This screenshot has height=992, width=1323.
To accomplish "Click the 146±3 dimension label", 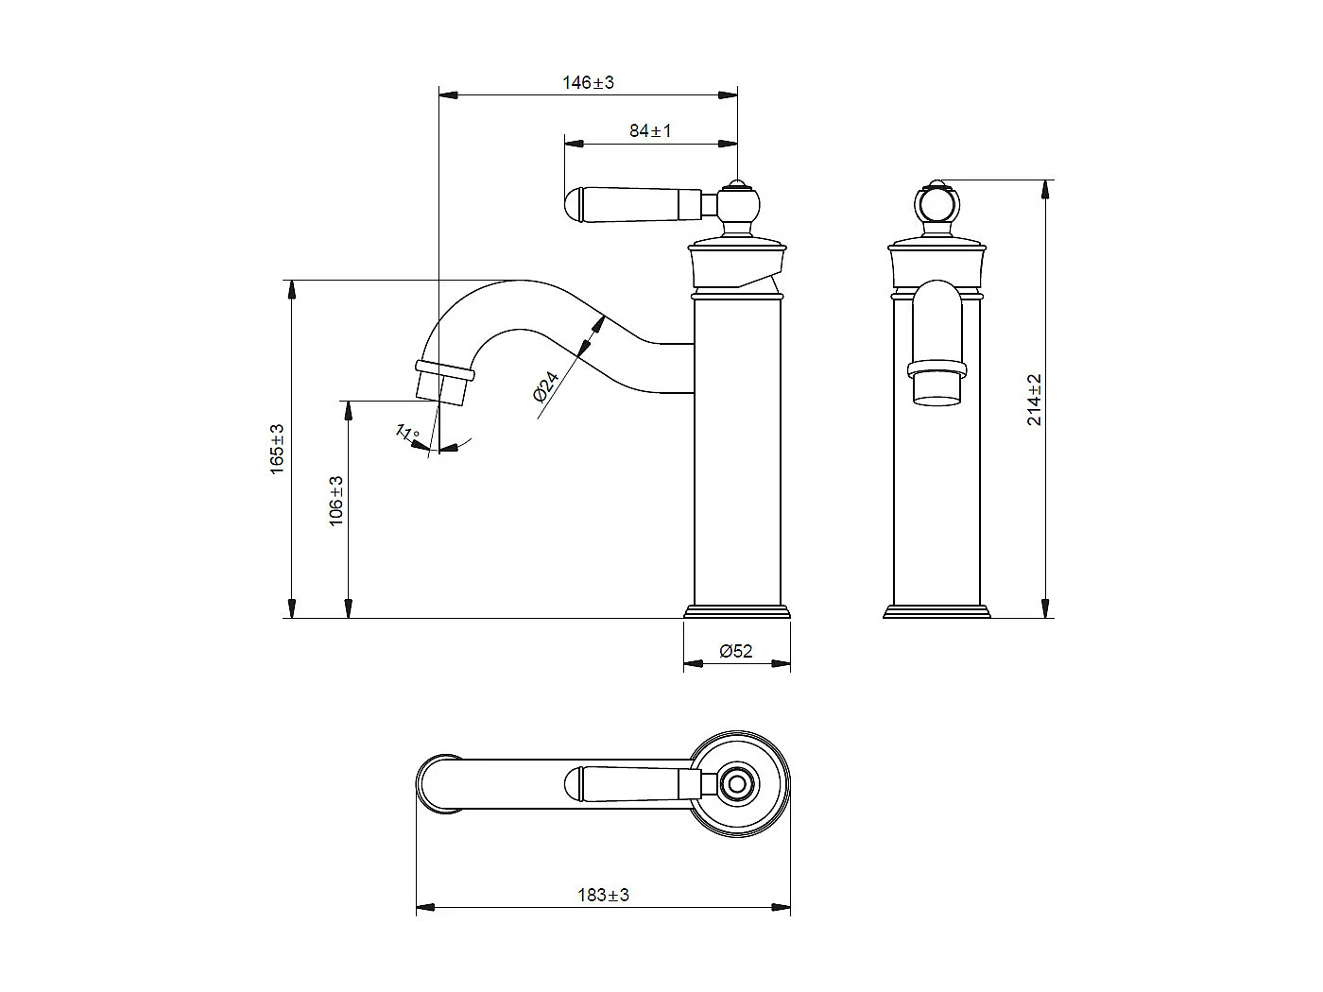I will [588, 82].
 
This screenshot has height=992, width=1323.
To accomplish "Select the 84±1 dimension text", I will [650, 131].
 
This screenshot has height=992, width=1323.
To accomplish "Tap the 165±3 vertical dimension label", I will [278, 449].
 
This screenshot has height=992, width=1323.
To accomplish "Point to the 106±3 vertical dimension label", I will [336, 501].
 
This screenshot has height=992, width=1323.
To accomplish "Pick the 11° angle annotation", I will [407, 435].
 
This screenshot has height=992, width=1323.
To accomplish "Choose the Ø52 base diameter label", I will [735, 651].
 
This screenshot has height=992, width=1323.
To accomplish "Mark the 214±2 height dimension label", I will [1035, 400].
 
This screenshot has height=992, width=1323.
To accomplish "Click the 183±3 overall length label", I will [603, 895].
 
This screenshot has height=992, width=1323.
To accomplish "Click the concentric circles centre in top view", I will [737, 784].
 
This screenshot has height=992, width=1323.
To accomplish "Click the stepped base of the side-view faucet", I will [737, 611].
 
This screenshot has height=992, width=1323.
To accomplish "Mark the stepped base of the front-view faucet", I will [936, 611].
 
